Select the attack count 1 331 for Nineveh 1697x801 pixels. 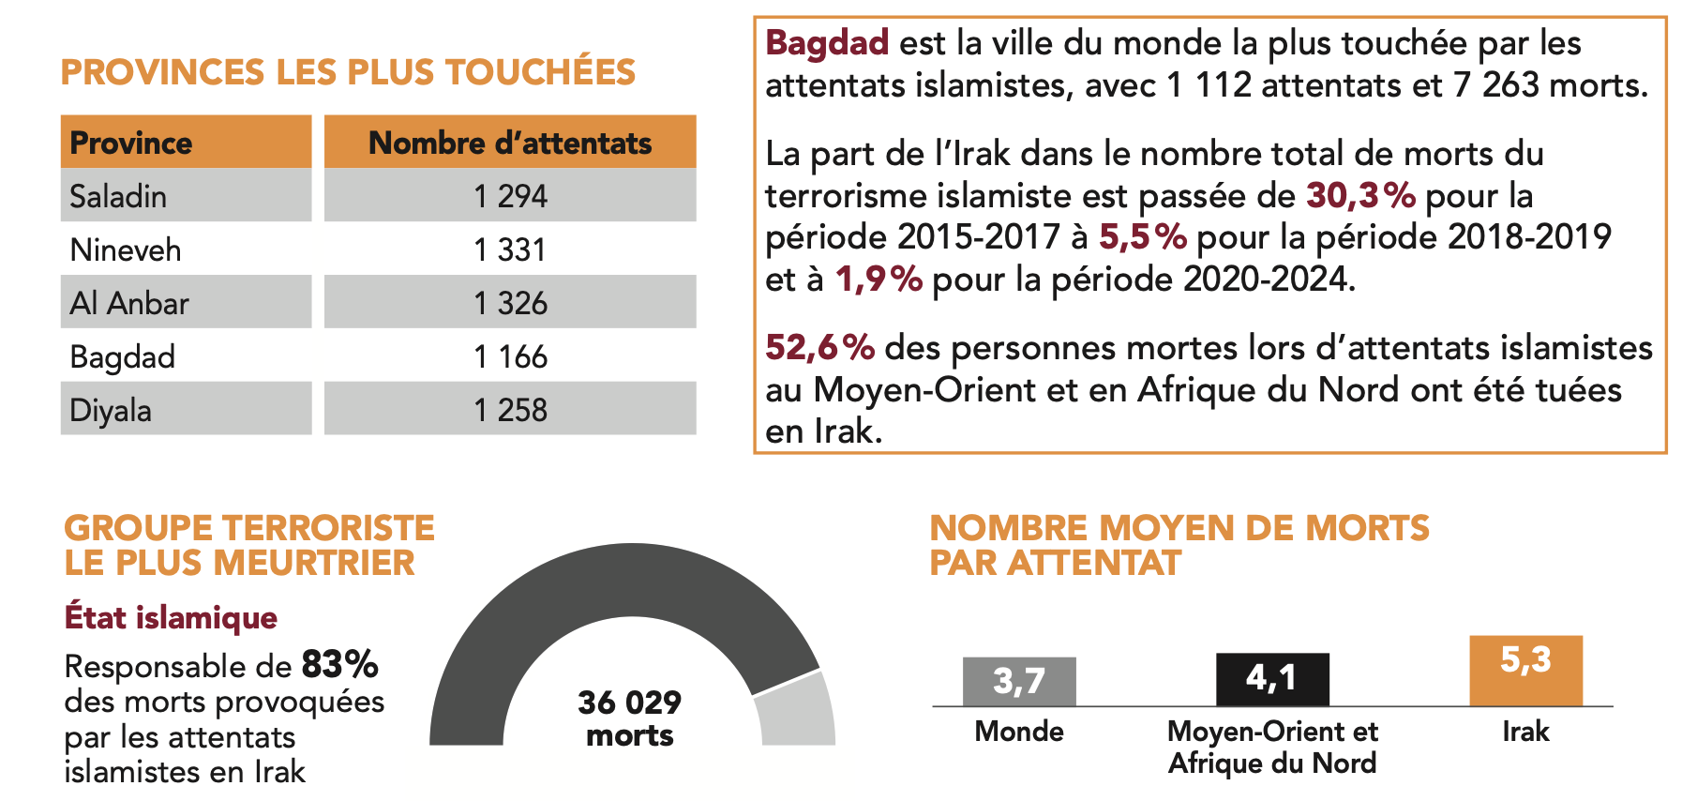[510, 249]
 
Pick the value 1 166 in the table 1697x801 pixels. [510, 356]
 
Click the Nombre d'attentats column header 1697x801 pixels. [510, 143]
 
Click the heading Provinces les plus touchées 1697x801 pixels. [348, 72]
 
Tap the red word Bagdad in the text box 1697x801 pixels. [827, 43]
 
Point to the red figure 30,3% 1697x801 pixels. [1360, 195]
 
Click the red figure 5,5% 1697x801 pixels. [1143, 237]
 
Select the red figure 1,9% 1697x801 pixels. [879, 279]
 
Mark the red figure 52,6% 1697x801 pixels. [820, 348]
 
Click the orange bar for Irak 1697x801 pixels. [1525, 671]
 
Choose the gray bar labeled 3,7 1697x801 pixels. [1019, 682]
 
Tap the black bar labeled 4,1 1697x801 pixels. [1272, 679]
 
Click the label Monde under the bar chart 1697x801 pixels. [1019, 732]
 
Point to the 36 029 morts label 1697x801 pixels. [630, 718]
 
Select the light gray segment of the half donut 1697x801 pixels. [797, 713]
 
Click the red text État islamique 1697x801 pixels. [171, 617]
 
